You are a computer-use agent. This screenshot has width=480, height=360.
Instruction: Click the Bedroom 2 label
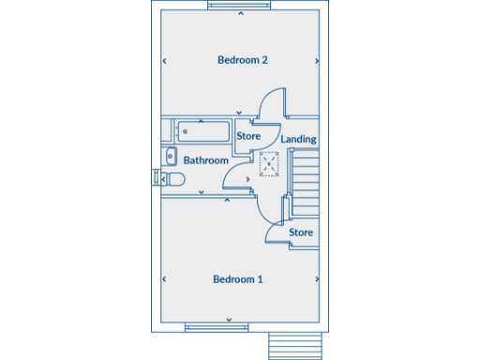243,60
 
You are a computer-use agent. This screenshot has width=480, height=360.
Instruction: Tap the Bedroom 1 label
238,279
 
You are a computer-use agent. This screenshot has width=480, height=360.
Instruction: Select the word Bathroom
205,160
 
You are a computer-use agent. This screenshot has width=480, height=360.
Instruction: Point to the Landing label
298,140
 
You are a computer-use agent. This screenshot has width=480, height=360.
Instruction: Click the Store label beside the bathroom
248,137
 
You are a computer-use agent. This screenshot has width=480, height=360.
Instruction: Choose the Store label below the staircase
300,232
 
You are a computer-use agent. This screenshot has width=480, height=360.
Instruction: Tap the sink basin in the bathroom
171,157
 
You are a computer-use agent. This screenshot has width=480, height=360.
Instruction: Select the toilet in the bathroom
173,178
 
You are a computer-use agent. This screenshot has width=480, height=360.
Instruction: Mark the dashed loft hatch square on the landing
270,165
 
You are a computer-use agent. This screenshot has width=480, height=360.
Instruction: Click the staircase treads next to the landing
307,184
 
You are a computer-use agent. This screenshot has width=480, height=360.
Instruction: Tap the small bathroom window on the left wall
157,177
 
